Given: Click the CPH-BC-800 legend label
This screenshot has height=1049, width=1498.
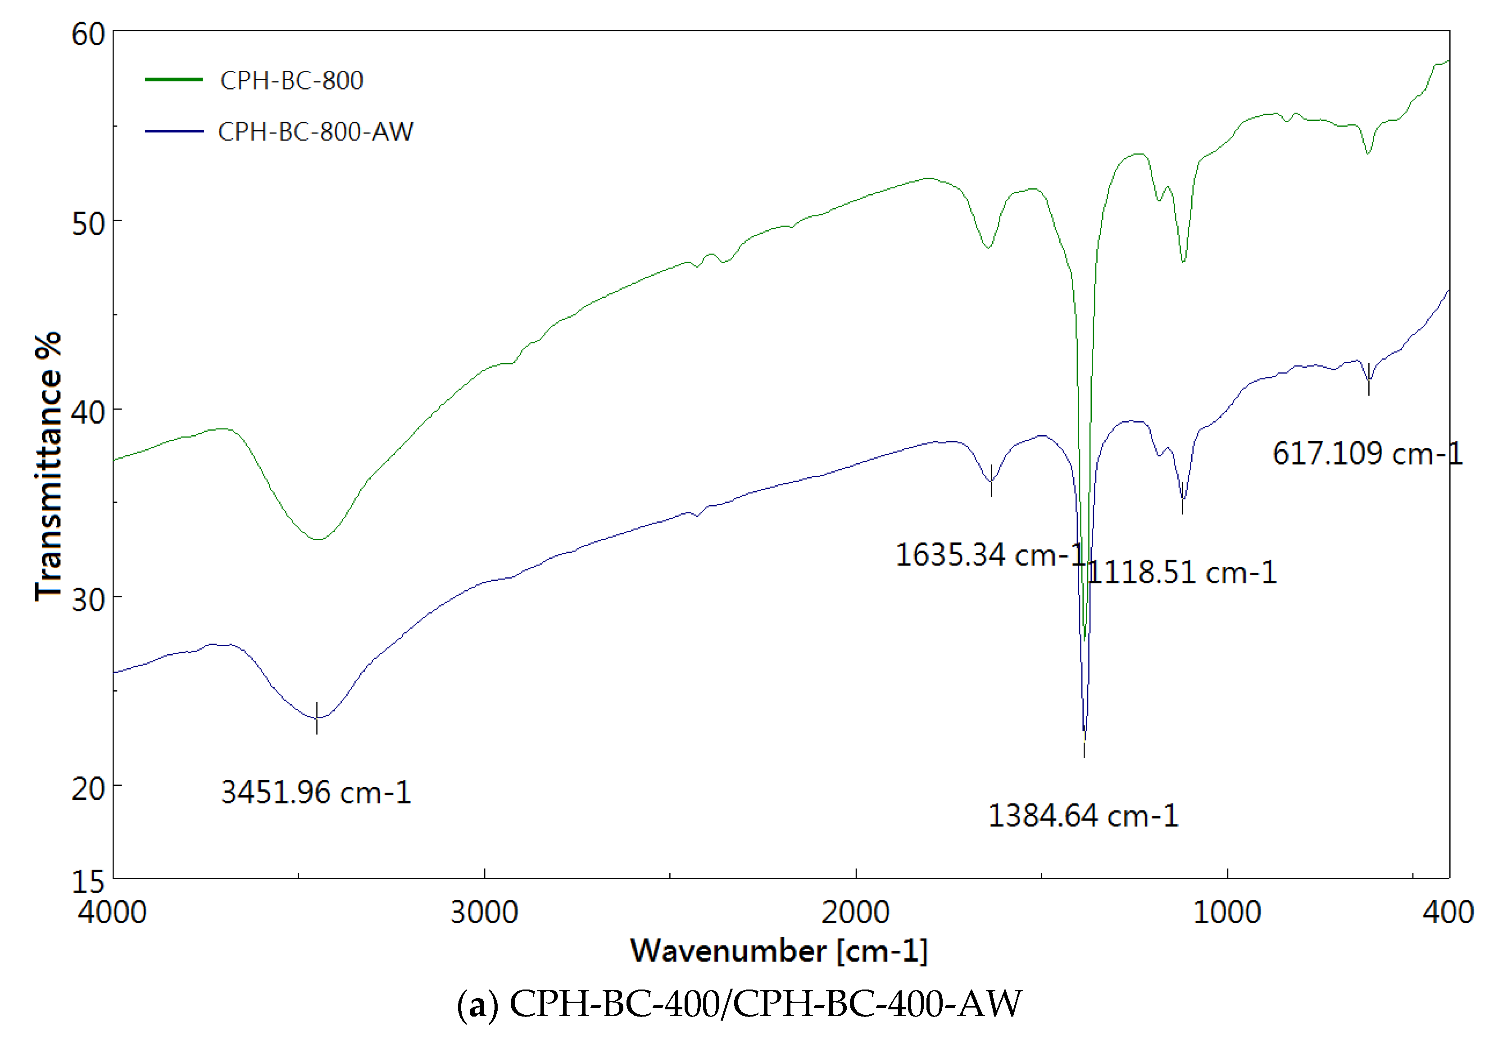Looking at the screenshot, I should (292, 80).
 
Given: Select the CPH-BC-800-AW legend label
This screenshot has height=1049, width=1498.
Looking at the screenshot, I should (316, 132).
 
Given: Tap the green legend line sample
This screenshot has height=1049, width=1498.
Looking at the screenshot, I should (173, 80).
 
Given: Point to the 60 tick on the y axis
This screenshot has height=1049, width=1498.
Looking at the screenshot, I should (89, 34).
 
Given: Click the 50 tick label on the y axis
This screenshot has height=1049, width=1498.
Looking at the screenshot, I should (89, 223).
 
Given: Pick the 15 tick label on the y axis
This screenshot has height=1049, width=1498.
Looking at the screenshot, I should (89, 881).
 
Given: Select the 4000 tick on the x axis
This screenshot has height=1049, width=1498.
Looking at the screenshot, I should (112, 912).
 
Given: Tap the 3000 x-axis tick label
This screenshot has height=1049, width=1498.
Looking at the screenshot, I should (484, 912).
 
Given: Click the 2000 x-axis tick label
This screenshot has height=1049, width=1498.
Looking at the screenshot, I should (855, 912).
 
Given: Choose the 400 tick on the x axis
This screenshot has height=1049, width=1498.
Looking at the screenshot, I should (1448, 912).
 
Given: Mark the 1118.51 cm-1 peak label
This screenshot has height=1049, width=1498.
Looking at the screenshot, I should (1182, 572).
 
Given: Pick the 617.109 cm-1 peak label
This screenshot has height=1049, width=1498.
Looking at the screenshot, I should (1367, 453).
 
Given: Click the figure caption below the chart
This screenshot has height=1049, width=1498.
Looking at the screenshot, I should (739, 1003).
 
